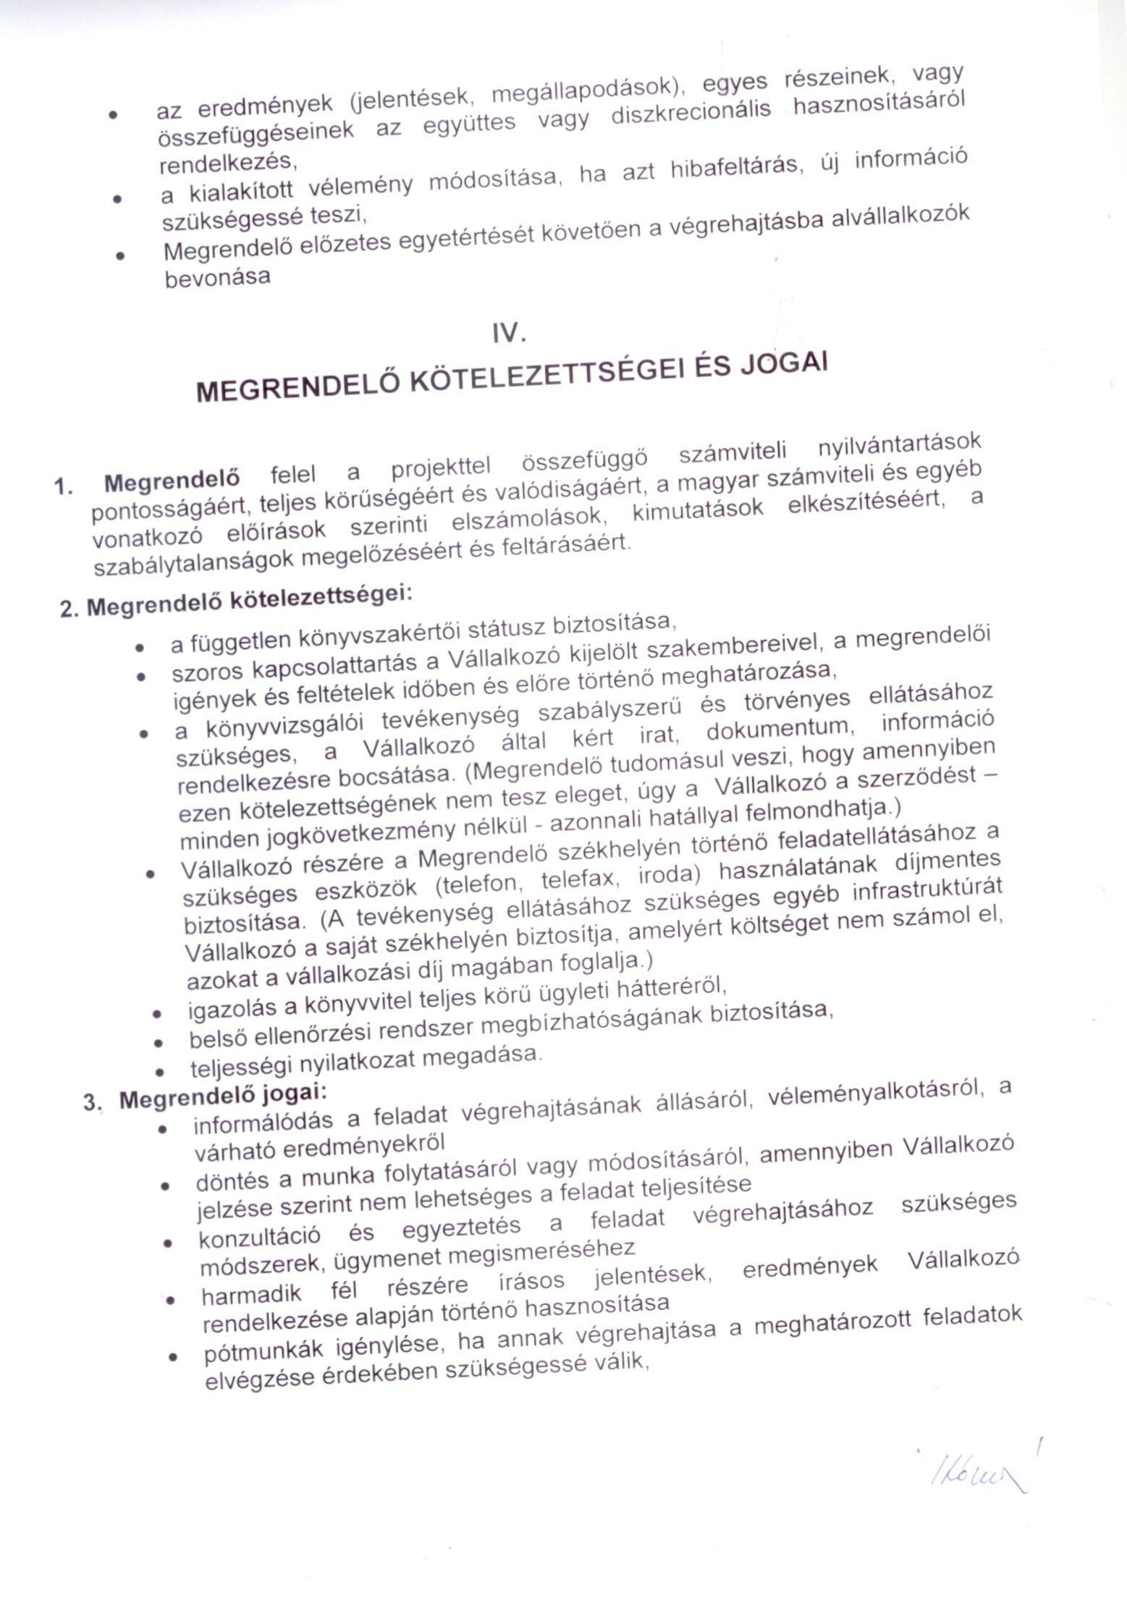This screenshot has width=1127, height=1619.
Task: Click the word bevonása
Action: pos(218,277)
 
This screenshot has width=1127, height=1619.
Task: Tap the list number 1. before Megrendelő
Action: pos(64,486)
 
